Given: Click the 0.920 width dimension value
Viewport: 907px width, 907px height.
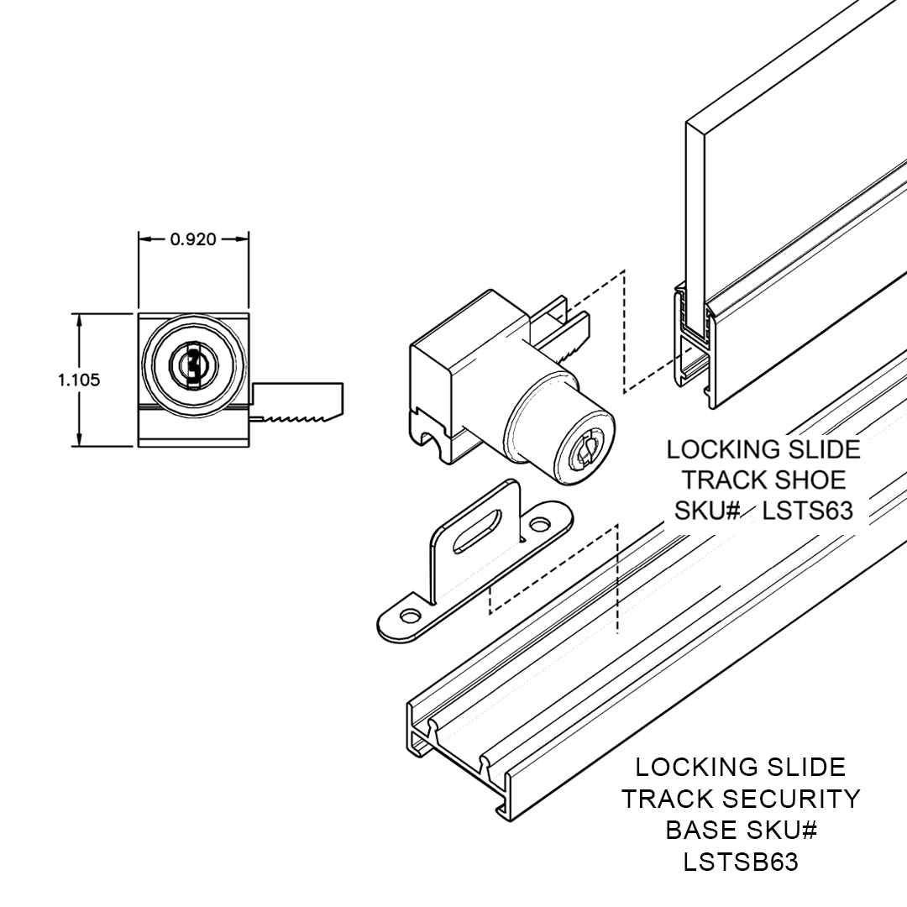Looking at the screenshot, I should pyautogui.click(x=193, y=239).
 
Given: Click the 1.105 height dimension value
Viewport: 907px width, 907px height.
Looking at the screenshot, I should pyautogui.click(x=79, y=380).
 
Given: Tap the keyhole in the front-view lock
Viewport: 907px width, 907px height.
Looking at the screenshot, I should pyautogui.click(x=193, y=364).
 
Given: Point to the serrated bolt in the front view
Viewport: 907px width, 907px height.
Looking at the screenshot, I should pyautogui.click(x=298, y=414).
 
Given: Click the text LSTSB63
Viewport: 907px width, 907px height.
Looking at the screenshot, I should pyautogui.click(x=742, y=862).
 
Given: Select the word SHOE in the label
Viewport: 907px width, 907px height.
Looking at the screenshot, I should pyautogui.click(x=810, y=480).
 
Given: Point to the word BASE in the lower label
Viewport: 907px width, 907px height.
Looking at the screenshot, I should pyautogui.click(x=701, y=830).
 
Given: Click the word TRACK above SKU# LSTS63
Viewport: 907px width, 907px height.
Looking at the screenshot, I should pyautogui.click(x=724, y=480).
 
